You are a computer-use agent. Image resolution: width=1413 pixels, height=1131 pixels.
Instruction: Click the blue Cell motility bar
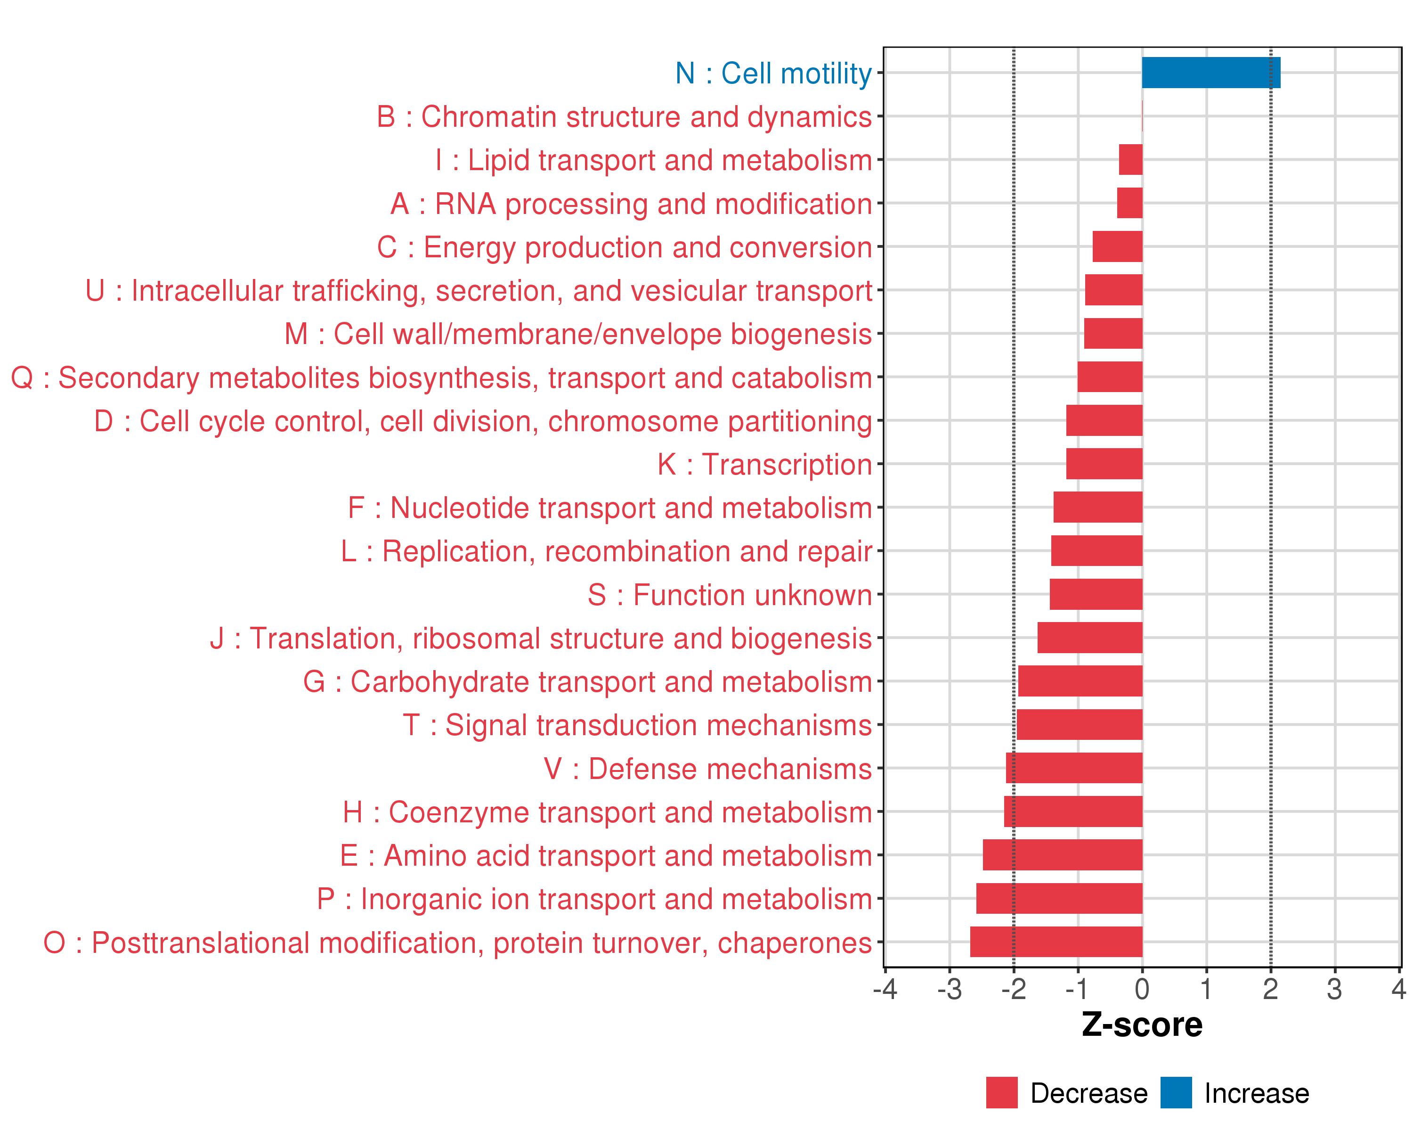[x=1210, y=73]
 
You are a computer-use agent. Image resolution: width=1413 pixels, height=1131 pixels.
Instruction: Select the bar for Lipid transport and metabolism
[x=1130, y=159]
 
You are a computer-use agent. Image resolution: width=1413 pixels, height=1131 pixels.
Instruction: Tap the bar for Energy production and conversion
[x=1117, y=246]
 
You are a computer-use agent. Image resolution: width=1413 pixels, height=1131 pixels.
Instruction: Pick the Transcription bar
[x=1104, y=464]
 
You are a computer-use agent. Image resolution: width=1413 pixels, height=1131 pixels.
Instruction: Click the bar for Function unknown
[x=1096, y=594]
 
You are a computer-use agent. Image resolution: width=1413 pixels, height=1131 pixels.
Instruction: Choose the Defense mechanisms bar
[x=1074, y=768]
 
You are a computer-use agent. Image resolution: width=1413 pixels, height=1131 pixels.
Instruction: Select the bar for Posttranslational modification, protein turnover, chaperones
[x=1056, y=942]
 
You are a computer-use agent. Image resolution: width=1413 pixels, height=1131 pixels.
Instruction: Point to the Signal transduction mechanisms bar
[x=1080, y=724]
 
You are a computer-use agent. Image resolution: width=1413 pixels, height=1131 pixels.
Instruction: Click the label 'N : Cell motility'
[x=773, y=74]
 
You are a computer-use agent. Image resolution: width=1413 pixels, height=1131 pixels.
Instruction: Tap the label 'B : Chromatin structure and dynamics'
[x=624, y=117]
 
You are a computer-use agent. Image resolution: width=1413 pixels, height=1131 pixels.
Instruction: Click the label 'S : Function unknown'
[x=730, y=595]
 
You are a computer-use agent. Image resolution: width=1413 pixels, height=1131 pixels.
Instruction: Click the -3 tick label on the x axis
[x=949, y=989]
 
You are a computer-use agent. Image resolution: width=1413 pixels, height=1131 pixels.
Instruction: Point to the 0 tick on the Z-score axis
[x=1142, y=989]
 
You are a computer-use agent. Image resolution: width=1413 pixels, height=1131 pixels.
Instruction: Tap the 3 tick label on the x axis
[x=1334, y=989]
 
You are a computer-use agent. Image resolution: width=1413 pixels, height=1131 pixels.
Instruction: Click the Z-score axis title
[x=1142, y=1025]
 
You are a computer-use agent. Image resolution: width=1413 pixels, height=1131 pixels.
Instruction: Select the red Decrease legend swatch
[x=1001, y=1092]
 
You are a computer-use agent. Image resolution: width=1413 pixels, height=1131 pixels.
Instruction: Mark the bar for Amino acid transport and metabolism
[x=1063, y=855]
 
